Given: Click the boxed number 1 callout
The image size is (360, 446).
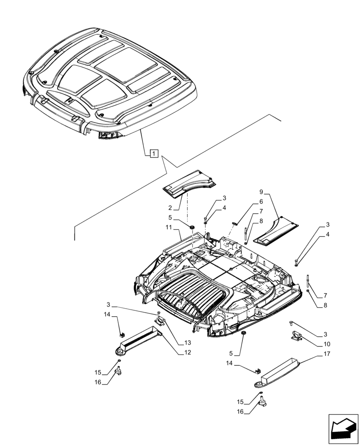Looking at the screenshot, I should (153, 154).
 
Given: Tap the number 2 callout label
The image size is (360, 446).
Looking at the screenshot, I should (170, 208).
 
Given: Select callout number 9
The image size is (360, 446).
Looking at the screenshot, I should (262, 192).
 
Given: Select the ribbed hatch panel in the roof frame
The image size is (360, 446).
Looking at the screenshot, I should (192, 297).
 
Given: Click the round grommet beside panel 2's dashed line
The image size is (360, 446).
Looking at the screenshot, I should (192, 228).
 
